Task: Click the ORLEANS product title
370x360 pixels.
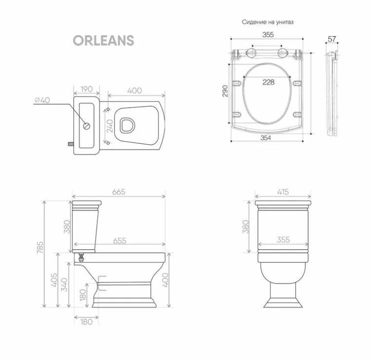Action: click(104, 40)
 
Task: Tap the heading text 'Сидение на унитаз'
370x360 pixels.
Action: click(267, 22)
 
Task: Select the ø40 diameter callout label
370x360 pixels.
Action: click(42, 100)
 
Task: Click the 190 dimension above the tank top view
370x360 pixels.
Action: click(87, 89)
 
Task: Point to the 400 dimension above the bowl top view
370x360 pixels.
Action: click(135, 90)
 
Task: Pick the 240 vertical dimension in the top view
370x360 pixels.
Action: click(110, 126)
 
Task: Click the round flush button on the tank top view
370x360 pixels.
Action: click(87, 126)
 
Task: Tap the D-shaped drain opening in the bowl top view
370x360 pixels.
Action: click(127, 125)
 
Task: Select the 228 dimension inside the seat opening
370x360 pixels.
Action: click(268, 82)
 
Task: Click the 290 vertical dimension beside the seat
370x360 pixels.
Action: click(225, 91)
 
